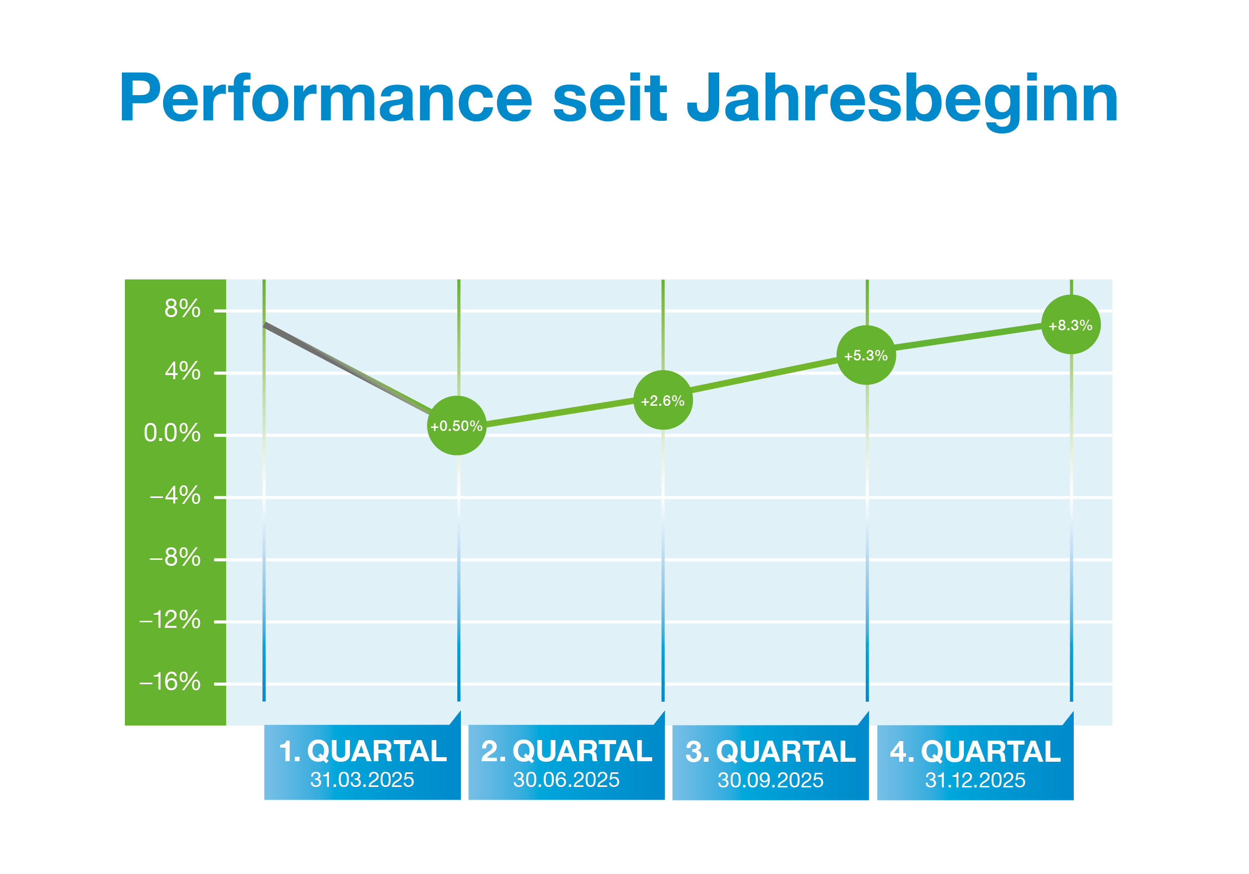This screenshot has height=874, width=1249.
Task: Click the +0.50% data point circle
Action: point(456,425)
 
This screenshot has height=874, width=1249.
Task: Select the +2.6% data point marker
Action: point(663,400)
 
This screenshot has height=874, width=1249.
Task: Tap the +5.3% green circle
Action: point(866,355)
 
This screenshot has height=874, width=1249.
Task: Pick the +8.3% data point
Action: point(1070,325)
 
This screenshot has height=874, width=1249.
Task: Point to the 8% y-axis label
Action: point(182,309)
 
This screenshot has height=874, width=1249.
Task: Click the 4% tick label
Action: point(182,372)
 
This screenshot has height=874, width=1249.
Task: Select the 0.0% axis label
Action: point(172,433)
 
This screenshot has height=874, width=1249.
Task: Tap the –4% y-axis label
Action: point(175,495)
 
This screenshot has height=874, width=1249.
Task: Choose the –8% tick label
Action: point(175,557)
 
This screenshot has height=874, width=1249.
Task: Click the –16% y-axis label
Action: point(170,682)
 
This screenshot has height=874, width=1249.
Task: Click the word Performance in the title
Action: point(325,98)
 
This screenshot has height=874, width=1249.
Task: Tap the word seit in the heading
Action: point(609,98)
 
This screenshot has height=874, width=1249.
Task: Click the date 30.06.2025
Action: point(566,780)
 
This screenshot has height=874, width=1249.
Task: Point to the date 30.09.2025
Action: point(770,780)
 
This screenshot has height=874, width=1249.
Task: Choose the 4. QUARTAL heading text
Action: point(975,752)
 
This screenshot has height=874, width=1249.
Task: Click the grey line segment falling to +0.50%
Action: point(348,369)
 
